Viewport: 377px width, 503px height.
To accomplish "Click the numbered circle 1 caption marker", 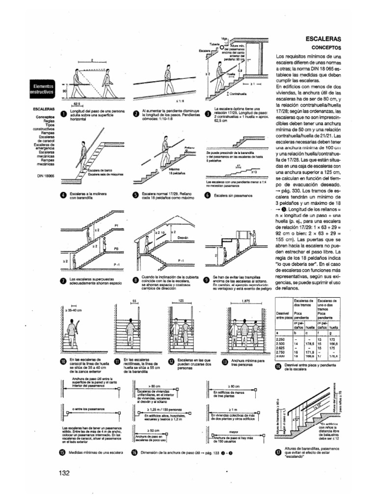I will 63,113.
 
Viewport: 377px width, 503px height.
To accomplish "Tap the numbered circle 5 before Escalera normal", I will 135,196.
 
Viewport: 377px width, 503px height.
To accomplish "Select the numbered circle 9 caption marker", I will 207,280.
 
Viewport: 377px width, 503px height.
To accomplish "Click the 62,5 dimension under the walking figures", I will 77,104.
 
